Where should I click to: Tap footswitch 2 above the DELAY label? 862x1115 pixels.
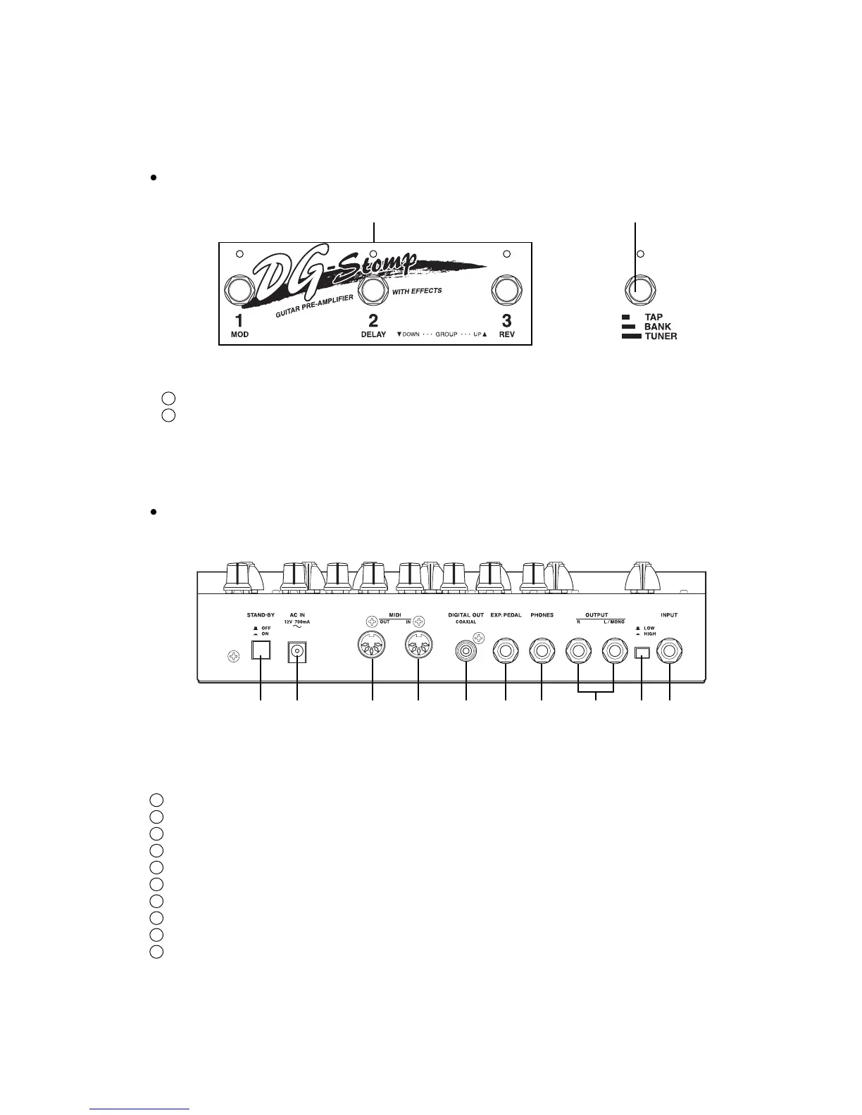point(374,290)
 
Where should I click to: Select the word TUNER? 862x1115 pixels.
point(661,336)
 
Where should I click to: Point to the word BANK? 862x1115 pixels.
point(658,327)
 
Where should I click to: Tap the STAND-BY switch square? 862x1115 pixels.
point(261,652)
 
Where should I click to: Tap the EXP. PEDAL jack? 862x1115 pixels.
point(506,650)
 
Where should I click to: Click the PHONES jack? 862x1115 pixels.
point(542,650)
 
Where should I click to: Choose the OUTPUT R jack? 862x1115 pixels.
point(578,650)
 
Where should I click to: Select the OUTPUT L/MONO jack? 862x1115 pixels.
point(615,650)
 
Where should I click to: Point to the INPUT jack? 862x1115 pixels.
point(669,650)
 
